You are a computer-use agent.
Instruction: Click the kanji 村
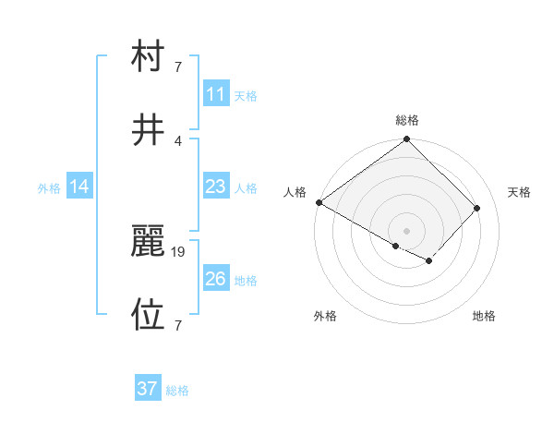[148, 57]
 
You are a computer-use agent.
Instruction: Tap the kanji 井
[148, 130]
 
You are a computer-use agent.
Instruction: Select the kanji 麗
[148, 242]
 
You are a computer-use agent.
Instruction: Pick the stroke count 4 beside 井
[178, 140]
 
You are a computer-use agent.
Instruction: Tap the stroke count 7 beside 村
[178, 67]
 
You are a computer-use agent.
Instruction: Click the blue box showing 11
[215, 94]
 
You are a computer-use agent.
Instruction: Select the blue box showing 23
[215, 187]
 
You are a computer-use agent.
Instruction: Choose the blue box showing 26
[215, 279]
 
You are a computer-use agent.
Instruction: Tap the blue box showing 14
[78, 187]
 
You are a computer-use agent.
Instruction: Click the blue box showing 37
[147, 390]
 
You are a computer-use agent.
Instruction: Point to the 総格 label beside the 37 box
[177, 392]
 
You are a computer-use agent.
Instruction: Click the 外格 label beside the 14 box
[49, 188]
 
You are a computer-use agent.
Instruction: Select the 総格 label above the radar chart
[407, 120]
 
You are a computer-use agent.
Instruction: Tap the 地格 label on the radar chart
[484, 317]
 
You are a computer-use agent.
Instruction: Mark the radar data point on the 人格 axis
[319, 202]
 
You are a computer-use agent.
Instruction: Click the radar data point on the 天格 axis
[476, 208]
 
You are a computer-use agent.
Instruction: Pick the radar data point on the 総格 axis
[406, 140]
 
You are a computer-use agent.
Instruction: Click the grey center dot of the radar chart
[406, 230]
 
